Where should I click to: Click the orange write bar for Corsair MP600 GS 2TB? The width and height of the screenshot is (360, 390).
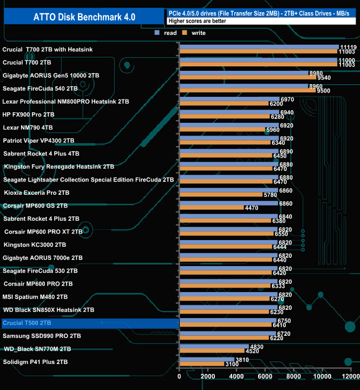[211, 208]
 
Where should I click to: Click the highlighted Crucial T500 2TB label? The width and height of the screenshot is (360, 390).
[27, 323]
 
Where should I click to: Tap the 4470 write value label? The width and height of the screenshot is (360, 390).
[251, 208]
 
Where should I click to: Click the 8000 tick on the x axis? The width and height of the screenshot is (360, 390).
[294, 377]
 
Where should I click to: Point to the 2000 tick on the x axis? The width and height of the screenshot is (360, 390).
[208, 377]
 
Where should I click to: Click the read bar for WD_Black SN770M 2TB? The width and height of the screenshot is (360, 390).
[214, 346]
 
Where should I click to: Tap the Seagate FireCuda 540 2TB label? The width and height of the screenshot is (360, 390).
[40, 88]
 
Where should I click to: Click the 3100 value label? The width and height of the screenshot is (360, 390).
[232, 364]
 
